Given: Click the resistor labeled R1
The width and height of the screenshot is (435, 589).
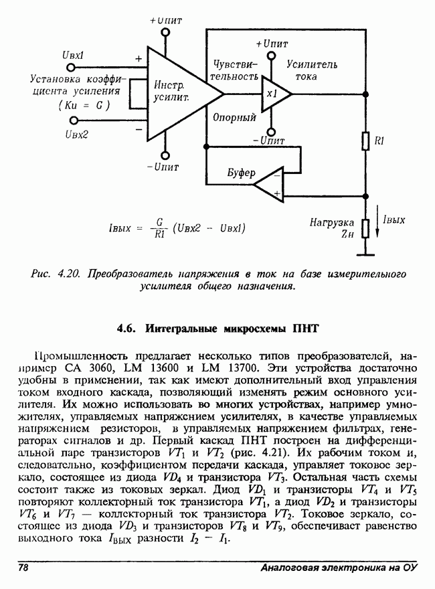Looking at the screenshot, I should pos(365,142).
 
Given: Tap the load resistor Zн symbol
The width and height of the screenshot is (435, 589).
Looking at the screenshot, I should pos(365,228).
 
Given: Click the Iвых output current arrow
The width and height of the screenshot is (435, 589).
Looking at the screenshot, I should pos(378,230).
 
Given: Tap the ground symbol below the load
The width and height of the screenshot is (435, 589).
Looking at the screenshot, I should pos(365,254).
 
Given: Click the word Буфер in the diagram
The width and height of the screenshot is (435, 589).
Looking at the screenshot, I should pos(241,173).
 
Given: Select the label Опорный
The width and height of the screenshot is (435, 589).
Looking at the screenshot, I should pos(234,118).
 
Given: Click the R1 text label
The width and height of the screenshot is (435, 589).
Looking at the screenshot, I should pos(381,141).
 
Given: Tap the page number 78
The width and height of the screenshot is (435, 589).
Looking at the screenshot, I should pos(23,568).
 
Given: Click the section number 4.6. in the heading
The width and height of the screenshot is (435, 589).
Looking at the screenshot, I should pos(126,329).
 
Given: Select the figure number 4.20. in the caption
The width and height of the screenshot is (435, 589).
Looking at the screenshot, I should pos(68,274).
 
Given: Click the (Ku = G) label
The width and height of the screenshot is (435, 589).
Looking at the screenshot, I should pos(84,106).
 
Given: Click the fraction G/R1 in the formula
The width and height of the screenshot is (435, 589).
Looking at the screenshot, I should pos(159,228).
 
